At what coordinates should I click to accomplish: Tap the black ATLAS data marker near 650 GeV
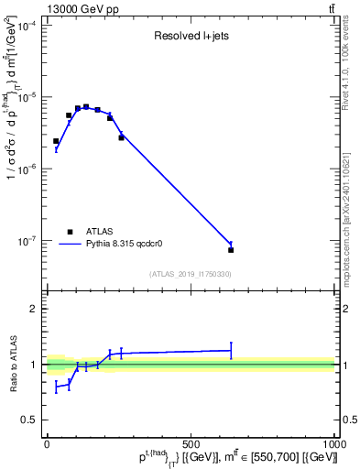231,249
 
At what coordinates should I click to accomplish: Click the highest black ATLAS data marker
86,107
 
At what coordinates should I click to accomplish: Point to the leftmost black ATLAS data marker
56,141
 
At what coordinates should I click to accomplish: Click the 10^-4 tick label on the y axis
28,25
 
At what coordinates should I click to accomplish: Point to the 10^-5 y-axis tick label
28,97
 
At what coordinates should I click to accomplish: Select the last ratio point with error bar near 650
231,350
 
